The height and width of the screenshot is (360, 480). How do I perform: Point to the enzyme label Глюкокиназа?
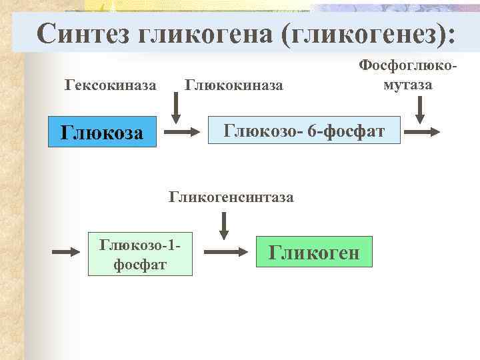click(x=234, y=85)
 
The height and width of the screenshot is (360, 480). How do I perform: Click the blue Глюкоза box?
click(x=102, y=132)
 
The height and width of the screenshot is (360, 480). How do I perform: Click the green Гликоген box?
click(x=313, y=253)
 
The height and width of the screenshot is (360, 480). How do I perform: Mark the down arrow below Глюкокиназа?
click(x=176, y=107)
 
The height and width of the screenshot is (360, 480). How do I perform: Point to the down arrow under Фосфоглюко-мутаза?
click(x=420, y=109)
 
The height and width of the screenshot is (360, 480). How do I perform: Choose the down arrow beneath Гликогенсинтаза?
click(x=225, y=225)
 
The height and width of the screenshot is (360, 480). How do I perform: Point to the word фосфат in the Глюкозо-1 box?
click(x=140, y=265)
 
